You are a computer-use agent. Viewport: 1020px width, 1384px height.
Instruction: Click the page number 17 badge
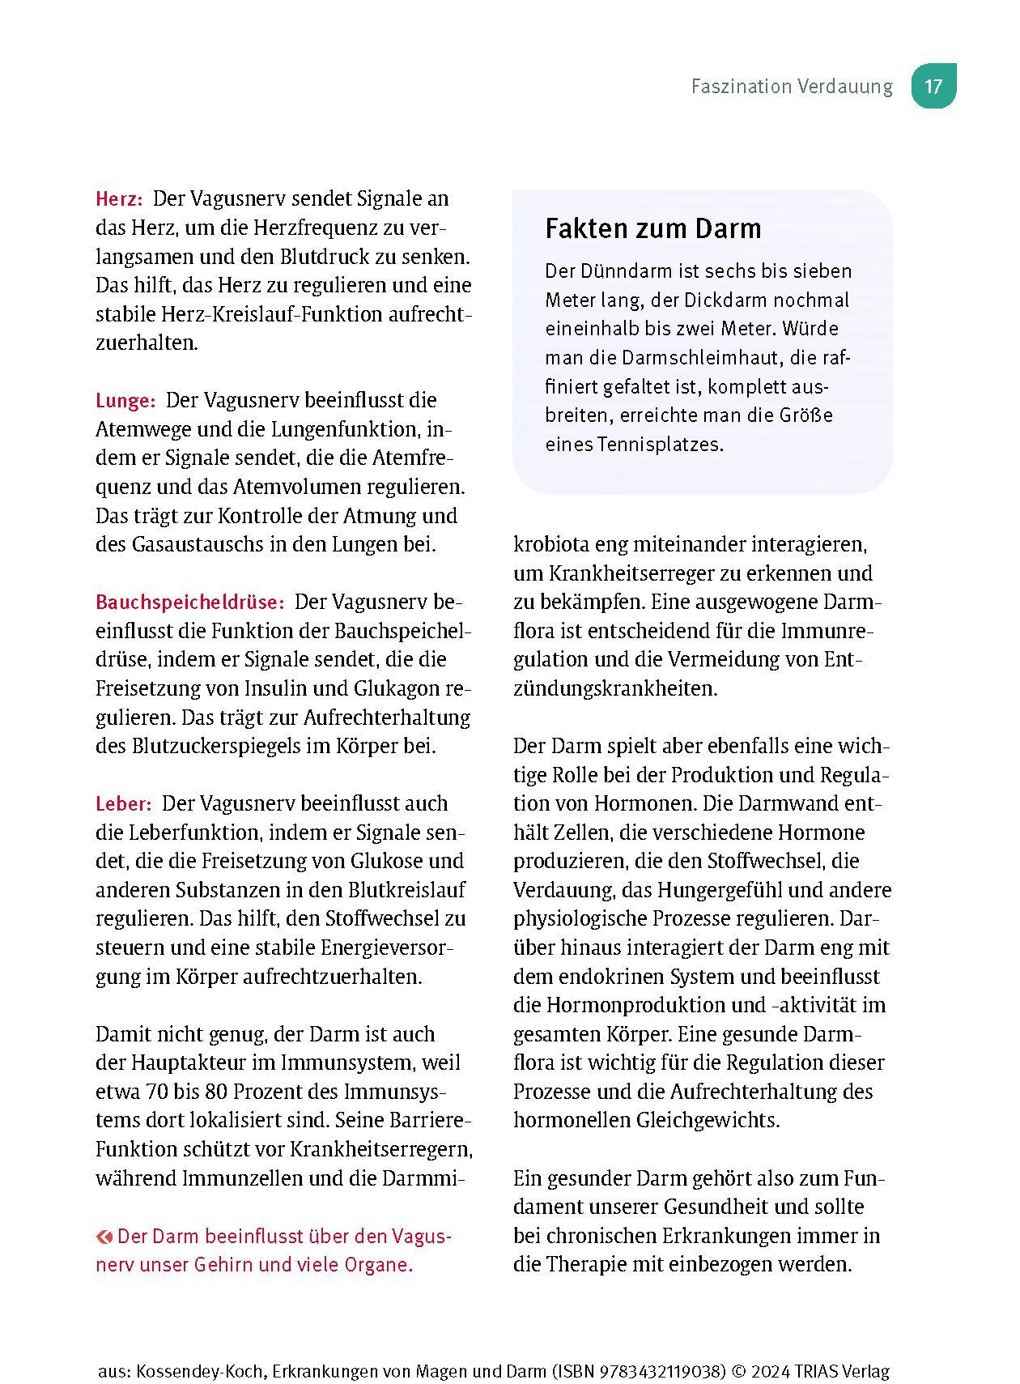click(x=933, y=86)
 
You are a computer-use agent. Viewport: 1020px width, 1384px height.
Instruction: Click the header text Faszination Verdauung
click(x=792, y=87)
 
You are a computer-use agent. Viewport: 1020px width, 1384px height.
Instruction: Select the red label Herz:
click(x=119, y=199)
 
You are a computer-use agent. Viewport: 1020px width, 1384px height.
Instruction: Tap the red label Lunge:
click(x=125, y=401)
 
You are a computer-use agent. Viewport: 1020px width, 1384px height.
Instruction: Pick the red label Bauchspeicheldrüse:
click(x=189, y=603)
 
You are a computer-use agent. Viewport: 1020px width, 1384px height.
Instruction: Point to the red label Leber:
click(x=123, y=804)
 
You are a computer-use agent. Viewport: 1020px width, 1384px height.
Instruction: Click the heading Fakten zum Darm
click(x=652, y=229)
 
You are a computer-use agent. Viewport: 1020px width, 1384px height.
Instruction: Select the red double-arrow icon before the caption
click(x=104, y=1237)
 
